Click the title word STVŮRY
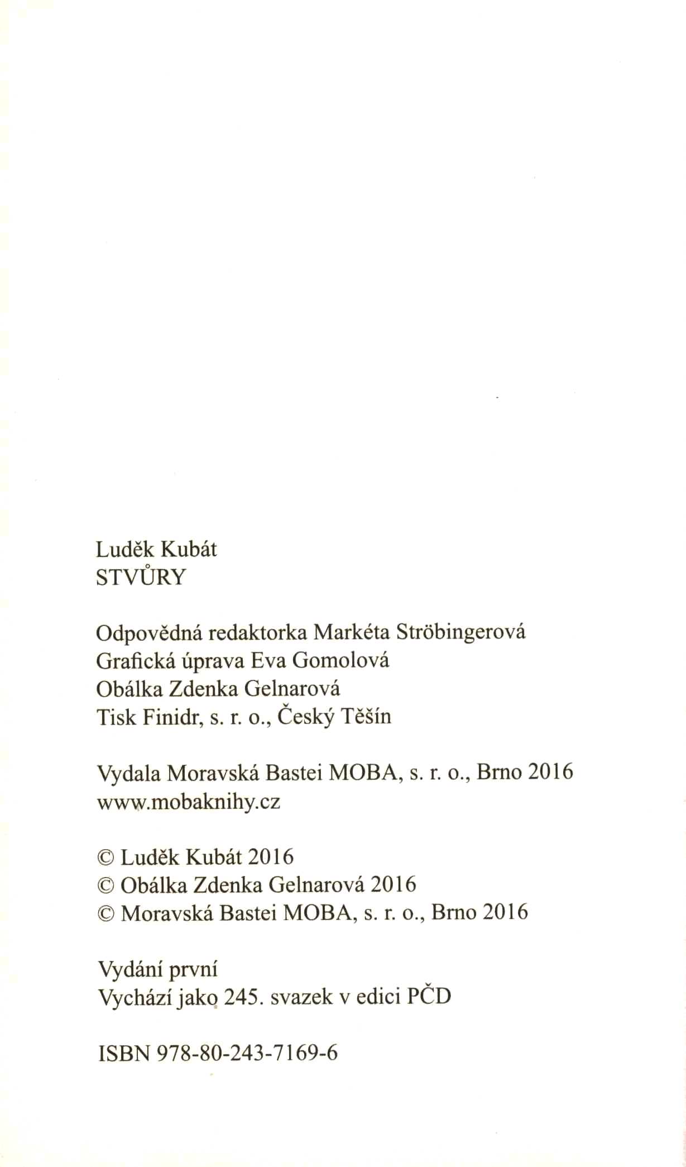[x=140, y=578]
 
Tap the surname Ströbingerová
[x=460, y=632]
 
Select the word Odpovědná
[x=143, y=633]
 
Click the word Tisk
[x=116, y=716]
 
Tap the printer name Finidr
[x=171, y=716]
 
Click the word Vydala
[x=129, y=773]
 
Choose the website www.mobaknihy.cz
[x=189, y=802]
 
